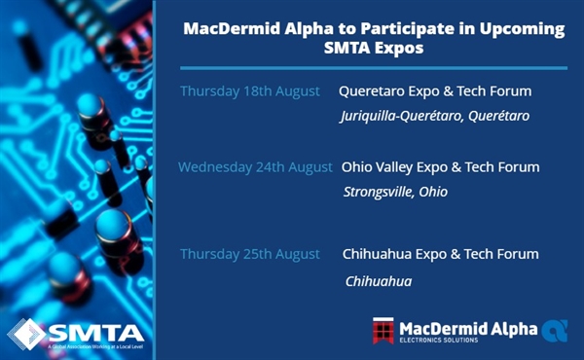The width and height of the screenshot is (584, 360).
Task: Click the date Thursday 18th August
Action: (249, 91)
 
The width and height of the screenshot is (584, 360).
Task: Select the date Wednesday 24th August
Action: (255, 167)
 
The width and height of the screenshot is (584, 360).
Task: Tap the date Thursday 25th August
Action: (250, 254)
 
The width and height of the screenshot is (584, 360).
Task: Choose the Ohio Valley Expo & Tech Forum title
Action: (440, 167)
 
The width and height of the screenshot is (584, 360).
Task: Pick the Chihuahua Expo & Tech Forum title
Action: (440, 254)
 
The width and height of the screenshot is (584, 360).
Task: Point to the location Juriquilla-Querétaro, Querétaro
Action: (434, 117)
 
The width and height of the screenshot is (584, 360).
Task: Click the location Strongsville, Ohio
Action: (395, 192)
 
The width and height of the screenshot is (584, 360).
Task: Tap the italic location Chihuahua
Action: (379, 281)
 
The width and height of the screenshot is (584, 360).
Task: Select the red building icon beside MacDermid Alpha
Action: (383, 332)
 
